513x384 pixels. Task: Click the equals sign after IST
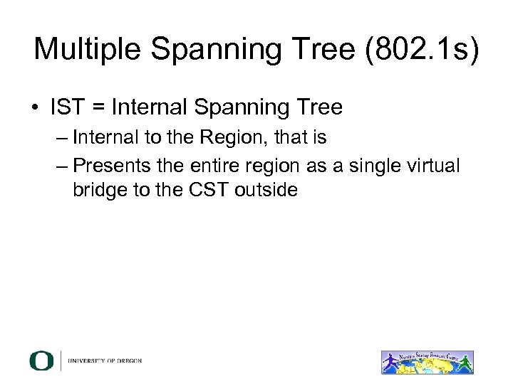98,108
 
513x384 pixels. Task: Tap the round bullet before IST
34,108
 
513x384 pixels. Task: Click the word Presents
110,165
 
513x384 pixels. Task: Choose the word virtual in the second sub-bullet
432,165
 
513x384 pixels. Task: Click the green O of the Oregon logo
41,361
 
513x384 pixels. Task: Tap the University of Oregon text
105,361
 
